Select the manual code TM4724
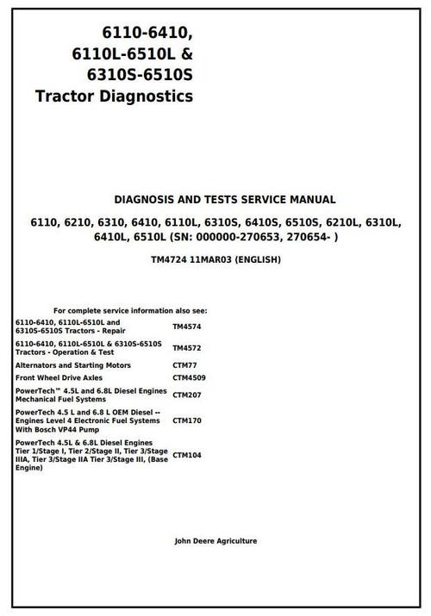point(169,260)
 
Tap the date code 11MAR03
point(215,260)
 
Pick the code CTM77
point(184,364)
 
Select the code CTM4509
point(189,377)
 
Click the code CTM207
point(187,395)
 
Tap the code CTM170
point(187,421)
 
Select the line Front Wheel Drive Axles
point(59,377)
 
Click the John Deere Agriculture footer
point(215,541)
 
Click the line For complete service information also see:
point(130,310)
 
